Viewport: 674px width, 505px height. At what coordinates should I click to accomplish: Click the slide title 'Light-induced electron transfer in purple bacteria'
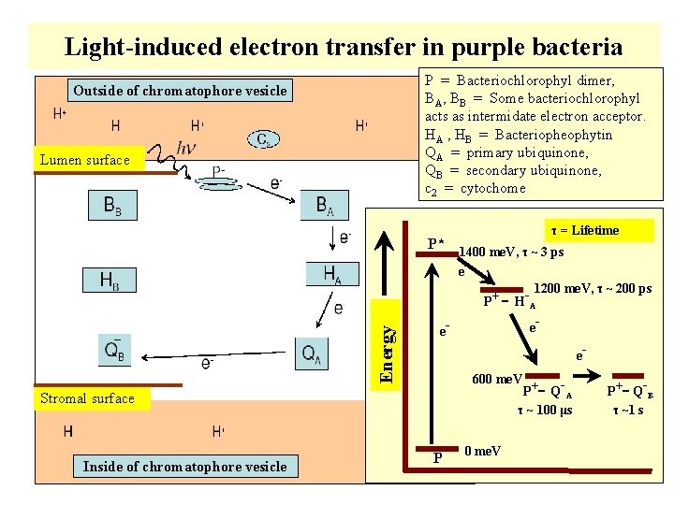tap(344, 46)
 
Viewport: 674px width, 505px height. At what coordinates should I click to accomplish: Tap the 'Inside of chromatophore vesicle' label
tap(184, 467)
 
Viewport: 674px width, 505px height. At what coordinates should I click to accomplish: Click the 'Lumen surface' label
tap(85, 160)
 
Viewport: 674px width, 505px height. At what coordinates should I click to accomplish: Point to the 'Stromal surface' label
tap(88, 398)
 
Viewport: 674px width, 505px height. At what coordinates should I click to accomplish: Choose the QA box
tap(314, 353)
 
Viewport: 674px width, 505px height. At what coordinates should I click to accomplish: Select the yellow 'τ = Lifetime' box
tap(583, 230)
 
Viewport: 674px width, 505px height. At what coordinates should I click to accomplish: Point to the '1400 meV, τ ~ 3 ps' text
tap(511, 252)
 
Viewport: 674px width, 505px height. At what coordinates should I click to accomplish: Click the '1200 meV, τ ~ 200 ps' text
tap(592, 289)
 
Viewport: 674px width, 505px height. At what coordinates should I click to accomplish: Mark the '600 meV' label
tap(496, 379)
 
